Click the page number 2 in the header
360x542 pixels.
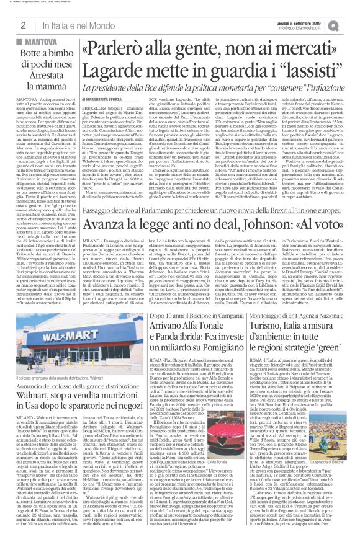[x=22, y=25]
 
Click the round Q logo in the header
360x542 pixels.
[x=351, y=24]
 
